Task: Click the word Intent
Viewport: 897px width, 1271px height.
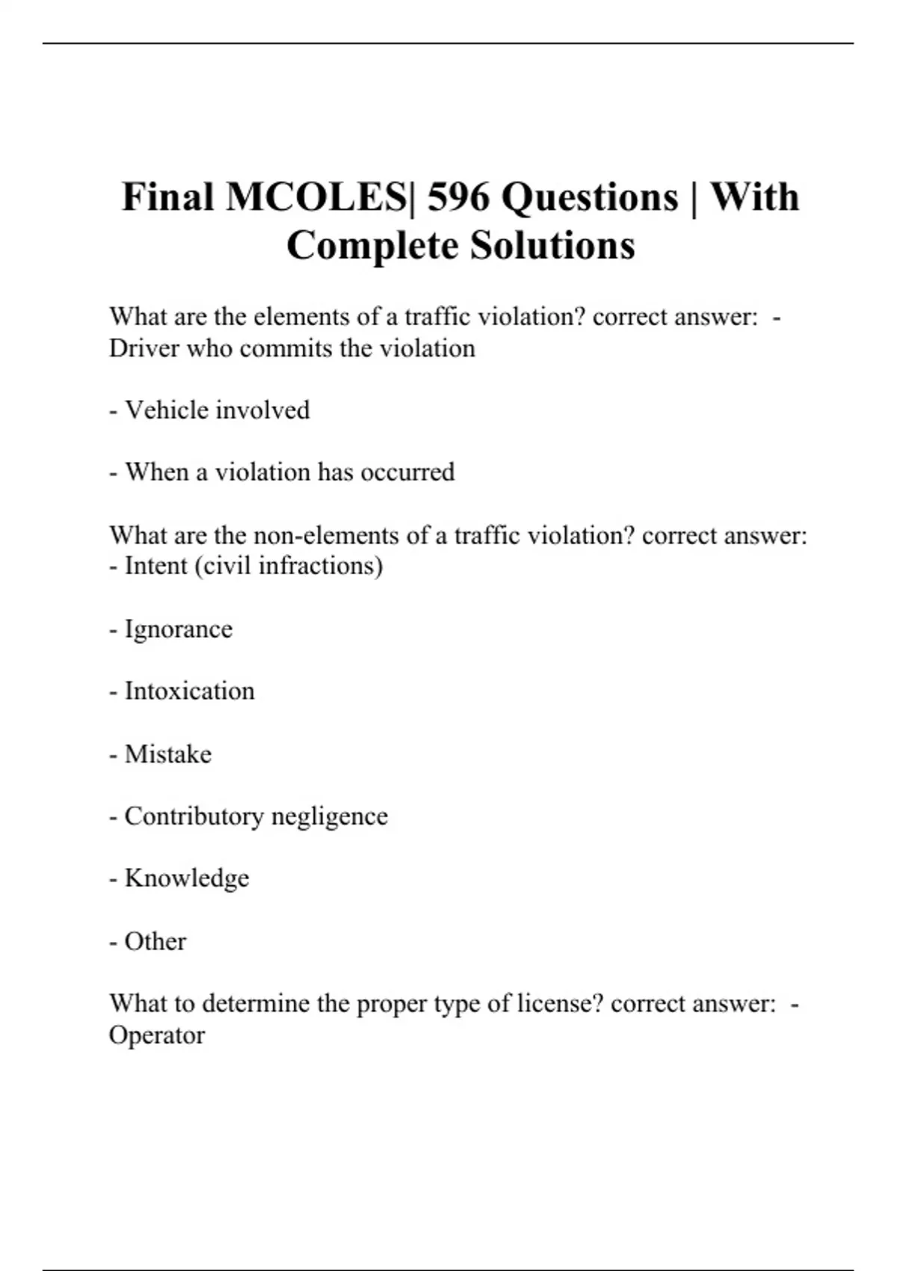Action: click(156, 566)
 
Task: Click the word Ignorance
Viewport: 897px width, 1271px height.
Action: click(178, 630)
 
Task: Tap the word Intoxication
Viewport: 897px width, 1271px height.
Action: click(189, 692)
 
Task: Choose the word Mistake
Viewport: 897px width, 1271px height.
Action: click(167, 754)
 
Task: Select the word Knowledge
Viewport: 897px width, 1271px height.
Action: click(186, 878)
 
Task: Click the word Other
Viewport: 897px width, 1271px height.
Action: click(155, 941)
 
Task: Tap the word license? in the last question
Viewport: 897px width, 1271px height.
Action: click(560, 1003)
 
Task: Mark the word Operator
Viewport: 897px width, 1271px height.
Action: click(156, 1036)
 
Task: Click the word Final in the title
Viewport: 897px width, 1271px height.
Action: click(167, 197)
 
